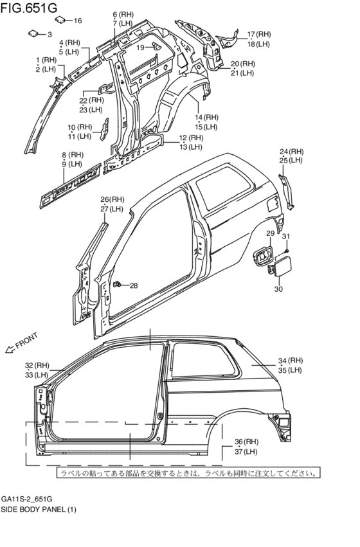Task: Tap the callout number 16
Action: (77, 21)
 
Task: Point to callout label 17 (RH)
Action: (259, 34)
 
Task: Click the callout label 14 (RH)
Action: (206, 117)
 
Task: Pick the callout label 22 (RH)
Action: (92, 100)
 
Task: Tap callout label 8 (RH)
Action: (73, 155)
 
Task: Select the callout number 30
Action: (278, 289)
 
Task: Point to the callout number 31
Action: (286, 237)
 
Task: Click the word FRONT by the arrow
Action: (28, 341)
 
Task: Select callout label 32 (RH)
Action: (37, 365)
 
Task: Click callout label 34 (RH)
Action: (290, 361)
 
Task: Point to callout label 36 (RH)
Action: (246, 442)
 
